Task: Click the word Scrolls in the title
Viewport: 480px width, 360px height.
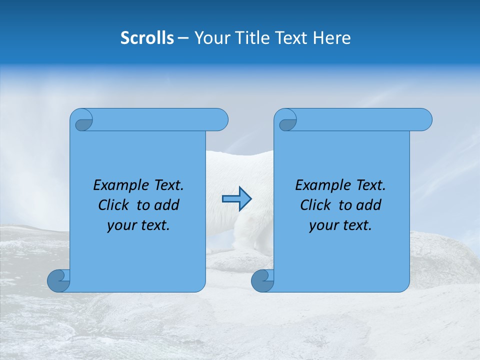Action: point(147,37)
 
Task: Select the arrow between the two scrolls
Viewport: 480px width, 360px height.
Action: point(236,199)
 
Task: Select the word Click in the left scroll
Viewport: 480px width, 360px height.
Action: point(115,205)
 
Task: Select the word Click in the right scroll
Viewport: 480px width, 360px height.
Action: point(317,205)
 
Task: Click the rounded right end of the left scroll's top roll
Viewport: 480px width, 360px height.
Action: point(220,120)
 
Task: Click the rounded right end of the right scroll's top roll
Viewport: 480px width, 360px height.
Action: point(424,120)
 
